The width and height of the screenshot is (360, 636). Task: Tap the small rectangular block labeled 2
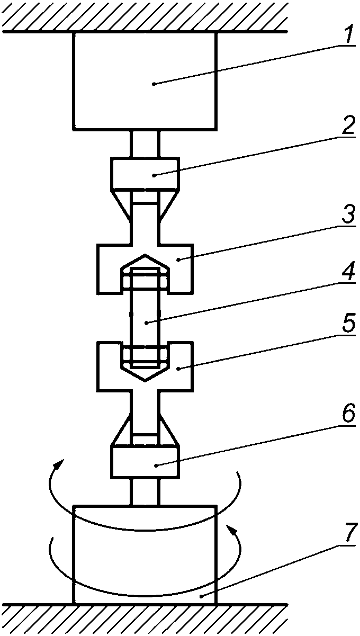(x=145, y=173)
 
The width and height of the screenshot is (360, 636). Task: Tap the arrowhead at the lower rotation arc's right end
(x=230, y=529)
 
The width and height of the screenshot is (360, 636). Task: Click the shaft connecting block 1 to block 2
(x=145, y=143)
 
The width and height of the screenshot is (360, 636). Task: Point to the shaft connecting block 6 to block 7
(x=145, y=490)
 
